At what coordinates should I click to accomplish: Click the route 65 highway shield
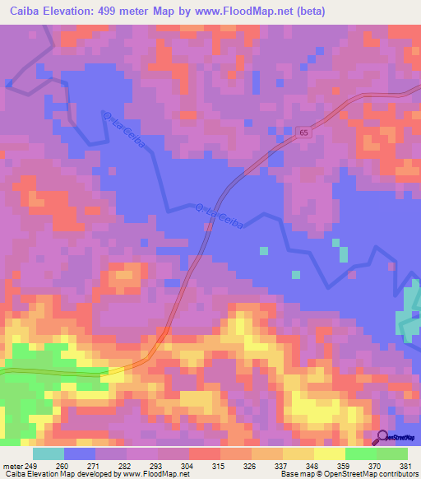[303, 132]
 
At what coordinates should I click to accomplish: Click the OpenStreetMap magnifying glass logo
[382, 437]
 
